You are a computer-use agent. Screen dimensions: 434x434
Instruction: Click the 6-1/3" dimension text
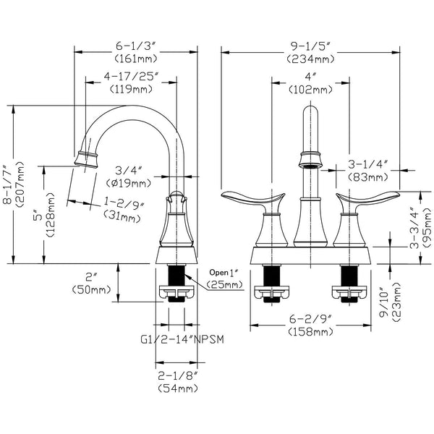click(x=136, y=46)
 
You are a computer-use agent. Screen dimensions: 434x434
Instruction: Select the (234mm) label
click(x=310, y=59)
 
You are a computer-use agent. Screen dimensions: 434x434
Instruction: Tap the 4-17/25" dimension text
click(x=131, y=77)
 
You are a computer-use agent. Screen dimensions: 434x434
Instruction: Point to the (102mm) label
click(x=310, y=90)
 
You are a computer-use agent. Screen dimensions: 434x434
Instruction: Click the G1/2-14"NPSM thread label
click(x=182, y=339)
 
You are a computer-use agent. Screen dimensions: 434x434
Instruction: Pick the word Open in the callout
click(x=218, y=273)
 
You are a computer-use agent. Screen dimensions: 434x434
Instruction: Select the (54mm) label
click(x=178, y=388)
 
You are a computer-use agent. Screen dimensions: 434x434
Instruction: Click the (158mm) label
click(x=310, y=331)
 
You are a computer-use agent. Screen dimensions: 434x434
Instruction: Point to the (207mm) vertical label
click(x=20, y=184)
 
